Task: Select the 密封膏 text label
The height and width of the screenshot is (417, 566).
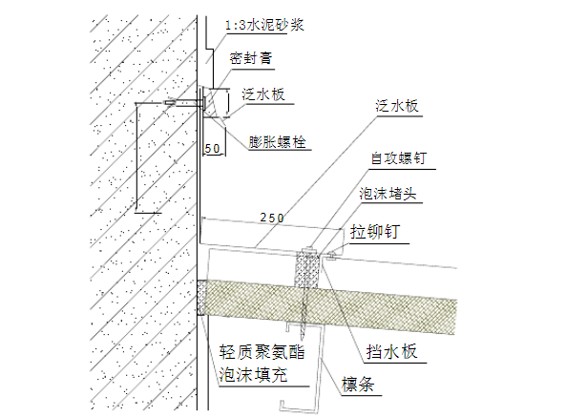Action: click(x=252, y=59)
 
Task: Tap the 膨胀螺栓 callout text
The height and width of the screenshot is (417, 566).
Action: click(x=278, y=141)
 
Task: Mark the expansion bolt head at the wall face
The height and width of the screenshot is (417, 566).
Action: click(x=203, y=100)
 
